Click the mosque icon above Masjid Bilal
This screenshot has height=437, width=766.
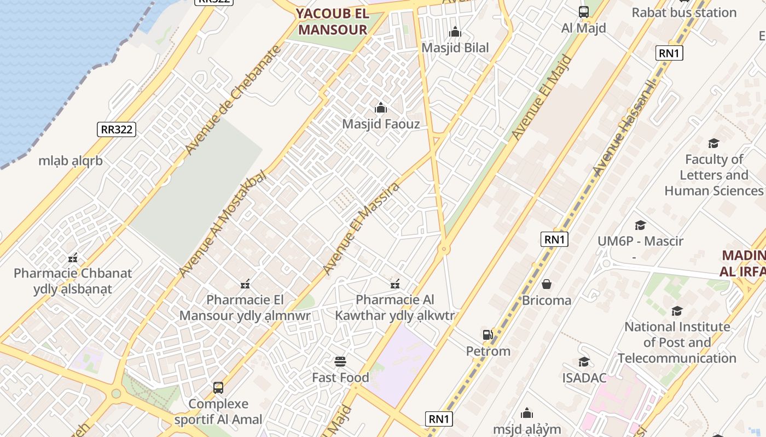[x=455, y=32]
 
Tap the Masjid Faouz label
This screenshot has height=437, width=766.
[x=381, y=124]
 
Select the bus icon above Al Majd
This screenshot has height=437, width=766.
[x=584, y=12]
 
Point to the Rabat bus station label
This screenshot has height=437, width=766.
[x=684, y=13]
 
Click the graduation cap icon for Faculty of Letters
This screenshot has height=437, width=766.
[x=713, y=144]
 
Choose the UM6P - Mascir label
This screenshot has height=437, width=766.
[x=640, y=241]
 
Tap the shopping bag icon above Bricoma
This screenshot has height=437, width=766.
[x=546, y=285]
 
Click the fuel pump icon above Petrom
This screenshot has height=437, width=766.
[x=488, y=335]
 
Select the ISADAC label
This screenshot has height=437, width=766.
[x=584, y=377]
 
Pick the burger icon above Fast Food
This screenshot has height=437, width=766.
[x=340, y=362]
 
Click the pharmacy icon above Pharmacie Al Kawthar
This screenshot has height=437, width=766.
[x=394, y=284]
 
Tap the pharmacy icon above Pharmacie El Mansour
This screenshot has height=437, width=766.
[x=245, y=284]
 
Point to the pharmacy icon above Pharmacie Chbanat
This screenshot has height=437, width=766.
[x=73, y=258]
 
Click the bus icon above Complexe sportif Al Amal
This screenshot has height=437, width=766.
[x=218, y=388]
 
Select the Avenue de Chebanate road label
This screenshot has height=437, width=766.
[x=233, y=99]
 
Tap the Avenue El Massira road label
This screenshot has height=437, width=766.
[x=361, y=228]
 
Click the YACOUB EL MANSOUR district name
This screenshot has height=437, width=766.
[x=332, y=22]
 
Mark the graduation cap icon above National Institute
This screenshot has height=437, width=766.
[x=677, y=311]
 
